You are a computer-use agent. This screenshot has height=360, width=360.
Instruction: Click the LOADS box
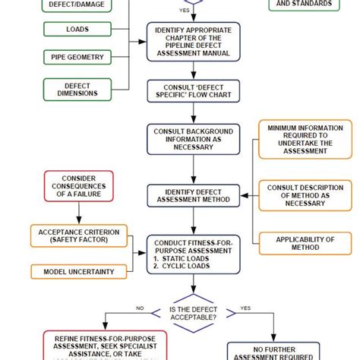[77, 30]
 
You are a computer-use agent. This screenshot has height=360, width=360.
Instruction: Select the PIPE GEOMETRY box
[77, 56]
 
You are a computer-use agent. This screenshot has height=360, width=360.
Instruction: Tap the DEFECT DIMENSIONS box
[77, 89]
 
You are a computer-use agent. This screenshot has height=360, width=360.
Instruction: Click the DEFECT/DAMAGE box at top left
[77, 5]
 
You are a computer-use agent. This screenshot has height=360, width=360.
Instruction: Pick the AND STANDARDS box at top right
[303, 5]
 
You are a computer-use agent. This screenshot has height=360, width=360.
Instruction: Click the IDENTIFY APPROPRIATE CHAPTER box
[193, 41]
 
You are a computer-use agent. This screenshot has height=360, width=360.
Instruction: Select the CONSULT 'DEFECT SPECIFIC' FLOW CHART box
[193, 90]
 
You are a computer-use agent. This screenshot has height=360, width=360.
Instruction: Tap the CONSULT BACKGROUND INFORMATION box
[193, 140]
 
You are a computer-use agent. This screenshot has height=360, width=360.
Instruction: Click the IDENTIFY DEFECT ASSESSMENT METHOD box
[193, 196]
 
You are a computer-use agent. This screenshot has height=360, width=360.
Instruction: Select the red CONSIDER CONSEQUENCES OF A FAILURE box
[78, 186]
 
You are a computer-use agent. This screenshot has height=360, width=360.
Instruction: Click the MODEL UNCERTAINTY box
[74, 271]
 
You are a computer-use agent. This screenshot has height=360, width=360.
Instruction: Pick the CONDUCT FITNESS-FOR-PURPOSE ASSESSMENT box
[193, 254]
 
